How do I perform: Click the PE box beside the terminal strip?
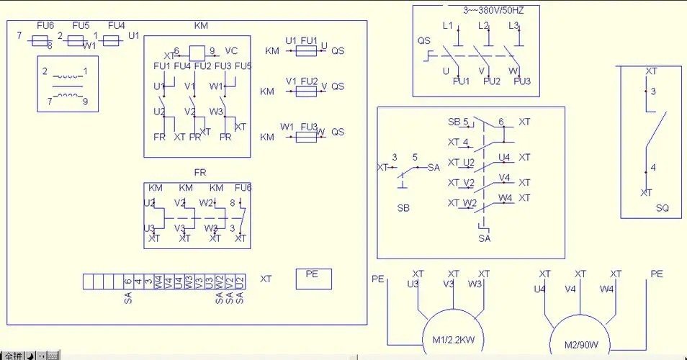tap(313, 278)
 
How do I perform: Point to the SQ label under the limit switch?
tap(662, 208)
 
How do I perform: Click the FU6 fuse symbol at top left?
tap(42, 41)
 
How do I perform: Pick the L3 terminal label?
tap(513, 26)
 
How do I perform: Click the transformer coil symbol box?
tap(68, 85)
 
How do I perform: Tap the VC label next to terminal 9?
tap(231, 51)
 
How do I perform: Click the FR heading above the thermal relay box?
tap(200, 173)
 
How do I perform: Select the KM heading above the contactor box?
tap(201, 26)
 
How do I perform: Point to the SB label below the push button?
tap(403, 208)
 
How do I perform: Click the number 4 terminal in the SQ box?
tap(653, 168)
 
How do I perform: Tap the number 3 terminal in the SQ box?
tap(653, 92)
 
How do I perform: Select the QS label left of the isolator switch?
tap(423, 40)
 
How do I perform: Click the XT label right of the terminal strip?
tap(266, 279)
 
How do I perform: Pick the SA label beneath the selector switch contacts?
tap(484, 238)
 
